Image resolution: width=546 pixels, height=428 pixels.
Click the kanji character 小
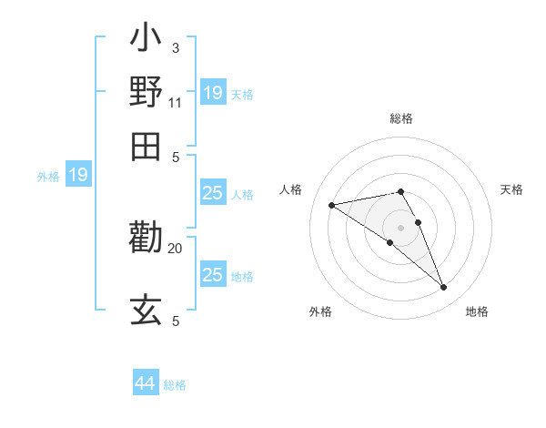[x=147, y=40]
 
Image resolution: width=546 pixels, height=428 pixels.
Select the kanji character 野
[x=147, y=93]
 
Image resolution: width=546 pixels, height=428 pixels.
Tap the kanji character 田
[x=147, y=145]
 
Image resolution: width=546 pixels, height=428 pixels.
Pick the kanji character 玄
[x=147, y=311]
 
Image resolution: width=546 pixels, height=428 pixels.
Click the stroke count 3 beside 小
[x=175, y=48]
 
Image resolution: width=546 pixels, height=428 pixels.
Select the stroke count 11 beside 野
[x=176, y=102]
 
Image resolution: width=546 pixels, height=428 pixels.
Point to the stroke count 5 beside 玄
[x=175, y=321]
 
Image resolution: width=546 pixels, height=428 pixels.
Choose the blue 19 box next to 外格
[x=78, y=175]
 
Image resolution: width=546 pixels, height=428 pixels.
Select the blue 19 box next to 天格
[x=212, y=93]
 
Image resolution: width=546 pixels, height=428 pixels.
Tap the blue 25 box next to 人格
[x=212, y=193]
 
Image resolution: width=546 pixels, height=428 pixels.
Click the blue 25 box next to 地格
[x=212, y=275]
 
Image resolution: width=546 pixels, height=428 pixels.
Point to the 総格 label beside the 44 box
[x=175, y=385]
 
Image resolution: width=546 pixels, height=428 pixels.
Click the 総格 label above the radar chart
[x=401, y=118]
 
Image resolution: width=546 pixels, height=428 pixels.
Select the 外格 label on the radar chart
[x=320, y=311]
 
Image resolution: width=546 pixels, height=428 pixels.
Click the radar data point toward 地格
[x=443, y=288]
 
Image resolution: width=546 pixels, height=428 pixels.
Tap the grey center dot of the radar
[x=400, y=227]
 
